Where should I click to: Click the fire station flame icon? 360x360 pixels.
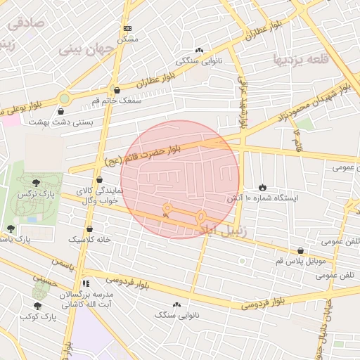(x=262, y=187)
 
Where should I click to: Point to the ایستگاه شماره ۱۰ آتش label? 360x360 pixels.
(x=262, y=199)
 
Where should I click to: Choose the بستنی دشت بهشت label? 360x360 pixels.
(x=60, y=122)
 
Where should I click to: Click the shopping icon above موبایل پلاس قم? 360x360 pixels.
(x=301, y=250)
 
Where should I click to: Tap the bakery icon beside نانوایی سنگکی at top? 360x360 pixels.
(x=199, y=50)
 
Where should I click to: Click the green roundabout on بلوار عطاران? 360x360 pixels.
(x=65, y=98)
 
